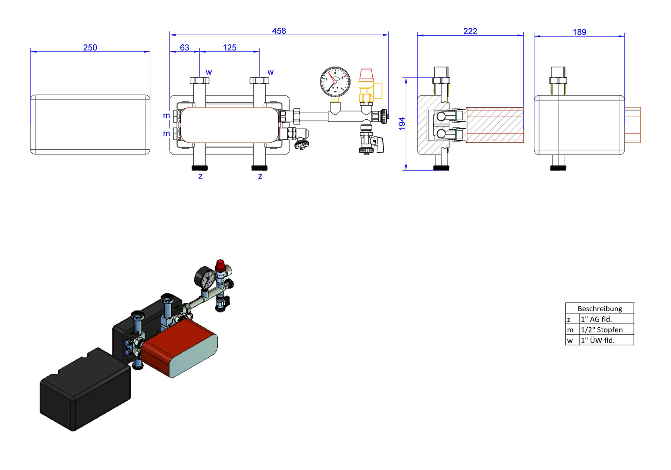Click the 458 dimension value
pos(279,31)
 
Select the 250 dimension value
pos(90,47)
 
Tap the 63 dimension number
pos(185,47)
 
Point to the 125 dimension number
pos(229,47)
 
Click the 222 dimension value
pos(470,31)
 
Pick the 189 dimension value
pos(579,32)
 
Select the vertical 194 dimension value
pos(402,124)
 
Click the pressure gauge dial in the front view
pos(335,82)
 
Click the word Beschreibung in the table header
pos(600,309)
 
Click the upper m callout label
pos(166,116)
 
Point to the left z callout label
pos(200,176)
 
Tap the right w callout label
pos(270,72)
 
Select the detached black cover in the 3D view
pos(85,389)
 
